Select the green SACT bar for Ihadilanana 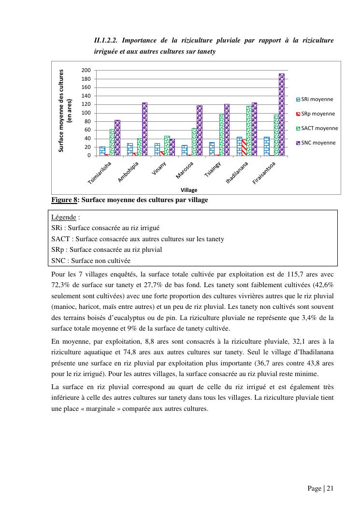pos(249,131)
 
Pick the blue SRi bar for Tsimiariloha pos(102,151)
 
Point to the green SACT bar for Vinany pos(167,145)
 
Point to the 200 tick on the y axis pos(86,71)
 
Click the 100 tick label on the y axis pos(86,113)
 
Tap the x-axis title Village pos(189,190)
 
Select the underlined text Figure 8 pos(64,200)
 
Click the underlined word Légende pos(63,218)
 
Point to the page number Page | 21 pos(320,488)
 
